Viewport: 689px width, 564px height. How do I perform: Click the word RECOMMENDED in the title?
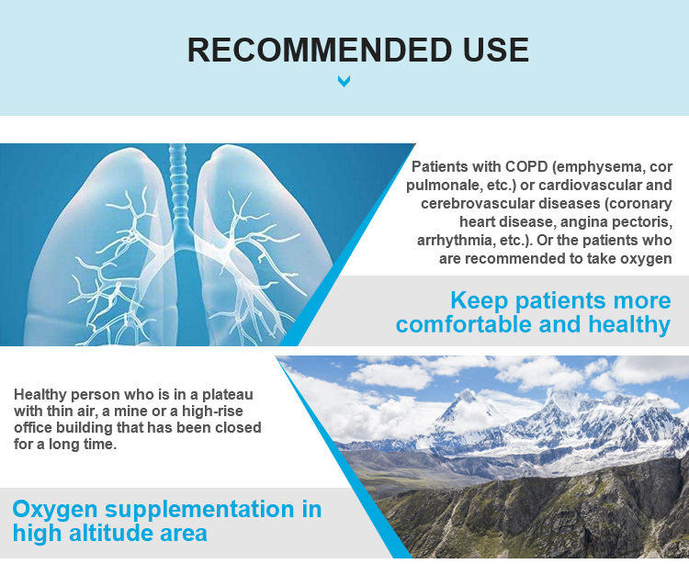tap(320, 50)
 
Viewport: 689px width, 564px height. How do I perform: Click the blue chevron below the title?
tap(344, 81)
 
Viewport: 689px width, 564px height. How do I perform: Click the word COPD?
tap(526, 167)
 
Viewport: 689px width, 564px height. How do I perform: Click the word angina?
tap(584, 222)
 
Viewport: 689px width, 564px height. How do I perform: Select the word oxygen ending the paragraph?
tap(646, 259)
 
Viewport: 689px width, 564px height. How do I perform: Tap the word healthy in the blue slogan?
tap(628, 324)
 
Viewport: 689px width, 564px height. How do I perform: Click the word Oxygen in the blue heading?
tap(55, 511)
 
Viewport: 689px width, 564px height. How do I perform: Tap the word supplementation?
tap(199, 511)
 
